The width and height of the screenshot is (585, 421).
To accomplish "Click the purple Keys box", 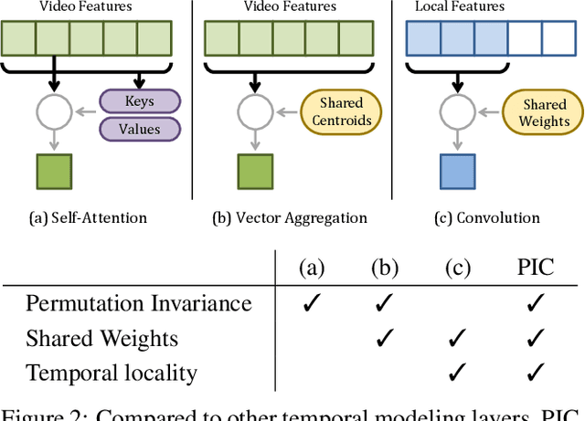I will coord(139,101).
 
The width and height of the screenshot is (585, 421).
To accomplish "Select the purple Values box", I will coord(139,129).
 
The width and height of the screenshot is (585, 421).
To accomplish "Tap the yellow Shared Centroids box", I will coord(341,112).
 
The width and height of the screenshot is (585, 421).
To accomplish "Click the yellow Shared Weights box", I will coord(545,112).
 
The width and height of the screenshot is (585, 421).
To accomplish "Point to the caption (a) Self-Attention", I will coord(89,217).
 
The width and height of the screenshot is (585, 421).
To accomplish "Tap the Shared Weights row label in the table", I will coord(101,338).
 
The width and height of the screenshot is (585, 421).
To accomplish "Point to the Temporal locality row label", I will coord(111,373).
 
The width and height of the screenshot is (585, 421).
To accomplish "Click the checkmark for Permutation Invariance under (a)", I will coord(312,303).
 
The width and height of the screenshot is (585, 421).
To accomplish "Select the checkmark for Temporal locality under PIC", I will coord(536,373).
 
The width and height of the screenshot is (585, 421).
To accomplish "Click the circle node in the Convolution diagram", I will coord(457,112).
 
